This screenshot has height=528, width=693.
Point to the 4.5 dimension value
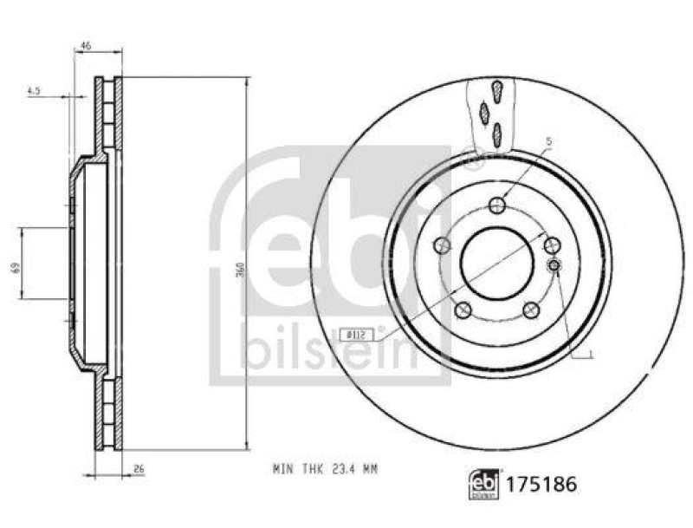35,89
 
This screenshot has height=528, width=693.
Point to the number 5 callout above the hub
548,140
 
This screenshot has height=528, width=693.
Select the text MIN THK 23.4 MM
326,469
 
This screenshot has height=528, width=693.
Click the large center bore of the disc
495,259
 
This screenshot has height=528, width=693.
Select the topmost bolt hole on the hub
496,205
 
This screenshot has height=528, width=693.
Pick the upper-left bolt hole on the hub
442,245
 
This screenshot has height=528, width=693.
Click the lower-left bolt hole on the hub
462,309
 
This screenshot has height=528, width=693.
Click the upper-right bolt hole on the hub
551,245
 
